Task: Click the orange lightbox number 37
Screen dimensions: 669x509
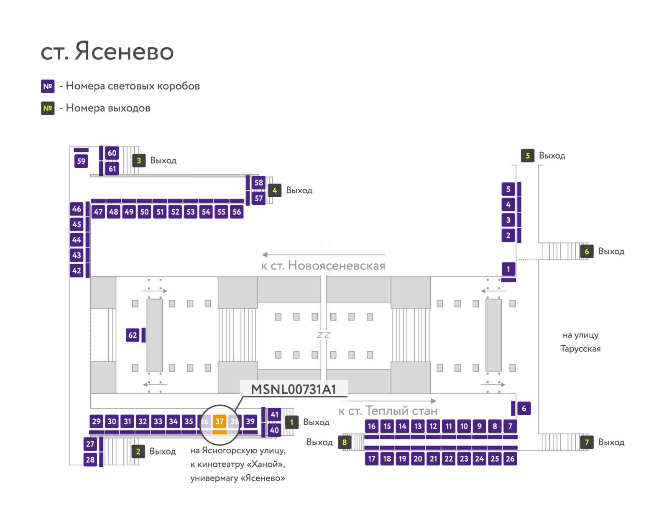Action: [x=220, y=421]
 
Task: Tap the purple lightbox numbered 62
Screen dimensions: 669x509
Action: [x=133, y=335]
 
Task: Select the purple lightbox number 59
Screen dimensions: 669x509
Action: [x=81, y=161]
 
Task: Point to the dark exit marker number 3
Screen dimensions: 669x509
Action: [x=139, y=160]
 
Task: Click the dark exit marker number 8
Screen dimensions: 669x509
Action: [x=345, y=442]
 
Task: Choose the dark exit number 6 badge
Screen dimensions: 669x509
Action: [x=587, y=252]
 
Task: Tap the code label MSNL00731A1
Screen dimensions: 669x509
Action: [x=294, y=389]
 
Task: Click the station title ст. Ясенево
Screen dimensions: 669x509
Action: [x=107, y=51]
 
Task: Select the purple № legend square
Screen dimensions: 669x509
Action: [x=48, y=86]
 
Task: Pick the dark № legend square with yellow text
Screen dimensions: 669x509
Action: [x=48, y=108]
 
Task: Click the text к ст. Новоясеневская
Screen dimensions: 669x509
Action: [x=323, y=265]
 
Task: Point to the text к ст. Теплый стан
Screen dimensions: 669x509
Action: [x=388, y=411]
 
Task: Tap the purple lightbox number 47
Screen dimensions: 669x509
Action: [x=98, y=212]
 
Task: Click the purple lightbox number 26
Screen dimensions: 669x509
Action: [x=510, y=458]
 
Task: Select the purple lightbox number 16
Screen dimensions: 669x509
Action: [x=372, y=426]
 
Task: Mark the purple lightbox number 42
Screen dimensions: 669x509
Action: [x=77, y=270]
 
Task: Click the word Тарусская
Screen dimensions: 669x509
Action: [x=580, y=348]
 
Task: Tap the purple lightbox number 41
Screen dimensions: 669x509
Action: [x=274, y=414]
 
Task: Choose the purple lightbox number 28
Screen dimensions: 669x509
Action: [x=90, y=459]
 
